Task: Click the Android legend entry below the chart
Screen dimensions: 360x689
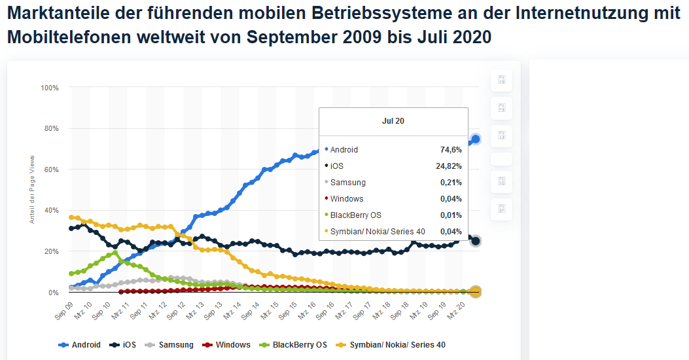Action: pyautogui.click(x=80, y=344)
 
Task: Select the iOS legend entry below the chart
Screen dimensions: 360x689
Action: pyautogui.click(x=123, y=344)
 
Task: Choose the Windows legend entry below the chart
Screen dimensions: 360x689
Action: pyautogui.click(x=226, y=344)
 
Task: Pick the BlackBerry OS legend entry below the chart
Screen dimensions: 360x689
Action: pyautogui.click(x=293, y=344)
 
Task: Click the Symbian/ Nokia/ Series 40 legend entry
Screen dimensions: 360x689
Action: pyautogui.click(x=391, y=344)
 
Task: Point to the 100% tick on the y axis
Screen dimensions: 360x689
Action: pyautogui.click(x=50, y=88)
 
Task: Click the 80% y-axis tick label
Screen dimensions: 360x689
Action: pyautogui.click(x=51, y=128)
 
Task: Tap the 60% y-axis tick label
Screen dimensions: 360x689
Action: pyautogui.click(x=51, y=170)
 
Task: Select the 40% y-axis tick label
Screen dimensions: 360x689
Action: pyautogui.click(x=51, y=210)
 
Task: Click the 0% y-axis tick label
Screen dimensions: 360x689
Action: pyautogui.click(x=53, y=293)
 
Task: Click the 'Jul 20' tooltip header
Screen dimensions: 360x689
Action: pyautogui.click(x=393, y=121)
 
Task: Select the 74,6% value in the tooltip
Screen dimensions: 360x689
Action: pyautogui.click(x=451, y=150)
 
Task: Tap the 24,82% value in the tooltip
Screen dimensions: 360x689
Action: pyautogui.click(x=449, y=166)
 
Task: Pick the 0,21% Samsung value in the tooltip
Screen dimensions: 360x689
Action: pyautogui.click(x=451, y=183)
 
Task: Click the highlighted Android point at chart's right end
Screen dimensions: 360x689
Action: pyautogui.click(x=476, y=139)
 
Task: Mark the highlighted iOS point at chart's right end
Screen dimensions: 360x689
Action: pyautogui.click(x=476, y=241)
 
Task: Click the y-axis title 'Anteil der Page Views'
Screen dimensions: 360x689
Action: pyautogui.click(x=31, y=190)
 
